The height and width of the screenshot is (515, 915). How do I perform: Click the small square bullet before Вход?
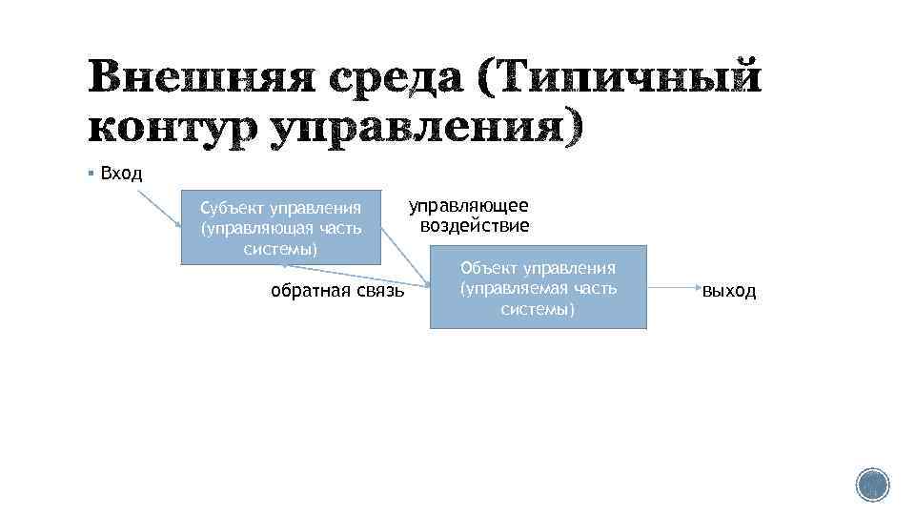coord(89,174)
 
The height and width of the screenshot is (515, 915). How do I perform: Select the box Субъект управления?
coord(280,227)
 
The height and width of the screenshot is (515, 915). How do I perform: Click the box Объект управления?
coord(538,287)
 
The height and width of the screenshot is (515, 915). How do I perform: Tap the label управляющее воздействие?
coord(469,216)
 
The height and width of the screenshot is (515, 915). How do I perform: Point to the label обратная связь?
coord(337,291)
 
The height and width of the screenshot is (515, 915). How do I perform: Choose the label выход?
coord(729,291)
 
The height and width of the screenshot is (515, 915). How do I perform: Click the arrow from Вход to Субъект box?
coord(158,209)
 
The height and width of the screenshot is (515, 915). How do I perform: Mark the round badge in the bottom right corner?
coord(871,485)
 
